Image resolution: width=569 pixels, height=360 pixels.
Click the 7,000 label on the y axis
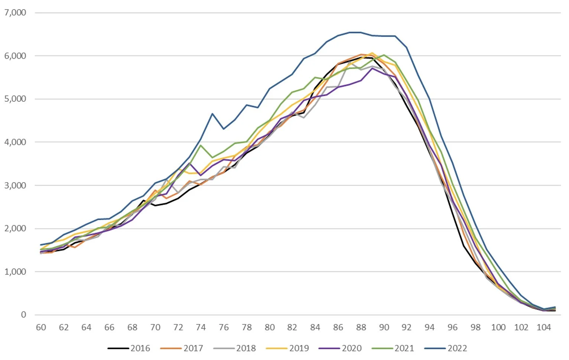coord(15,13)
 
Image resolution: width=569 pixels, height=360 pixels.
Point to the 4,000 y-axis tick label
coord(15,142)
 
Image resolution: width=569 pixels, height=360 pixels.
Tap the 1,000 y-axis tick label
coord(15,272)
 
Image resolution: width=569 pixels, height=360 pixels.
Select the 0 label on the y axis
coord(23,315)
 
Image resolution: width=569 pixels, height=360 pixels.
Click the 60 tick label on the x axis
coord(41,327)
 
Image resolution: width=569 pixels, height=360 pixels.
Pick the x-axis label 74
coord(201,327)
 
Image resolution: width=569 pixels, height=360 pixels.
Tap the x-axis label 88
coord(361,327)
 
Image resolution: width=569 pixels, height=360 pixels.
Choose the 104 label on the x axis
coord(544,327)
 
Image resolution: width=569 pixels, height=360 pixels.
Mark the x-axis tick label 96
coord(452,327)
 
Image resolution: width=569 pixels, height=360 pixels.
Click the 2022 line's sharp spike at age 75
coord(212,114)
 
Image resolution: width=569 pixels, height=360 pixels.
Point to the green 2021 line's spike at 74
coord(201,145)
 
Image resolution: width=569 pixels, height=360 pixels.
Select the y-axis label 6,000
coord(15,56)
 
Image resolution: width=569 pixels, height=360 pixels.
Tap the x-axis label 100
coord(498,327)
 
